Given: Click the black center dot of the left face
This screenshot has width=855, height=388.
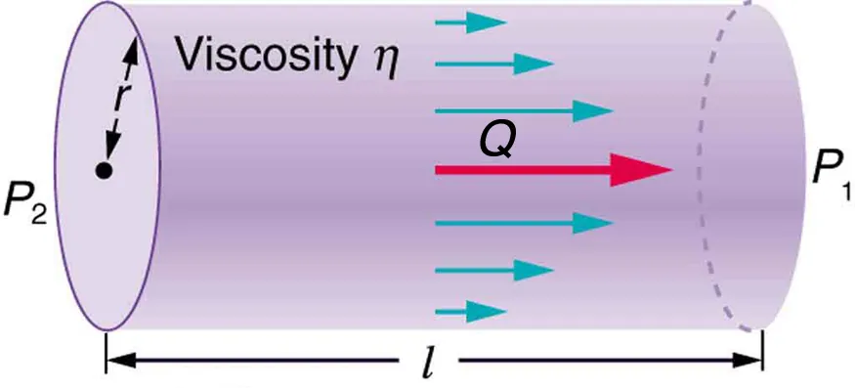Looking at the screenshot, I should (102, 170).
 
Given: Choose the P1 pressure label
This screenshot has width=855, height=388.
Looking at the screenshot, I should (826, 173).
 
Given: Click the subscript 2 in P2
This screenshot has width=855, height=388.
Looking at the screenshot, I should (37, 214).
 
